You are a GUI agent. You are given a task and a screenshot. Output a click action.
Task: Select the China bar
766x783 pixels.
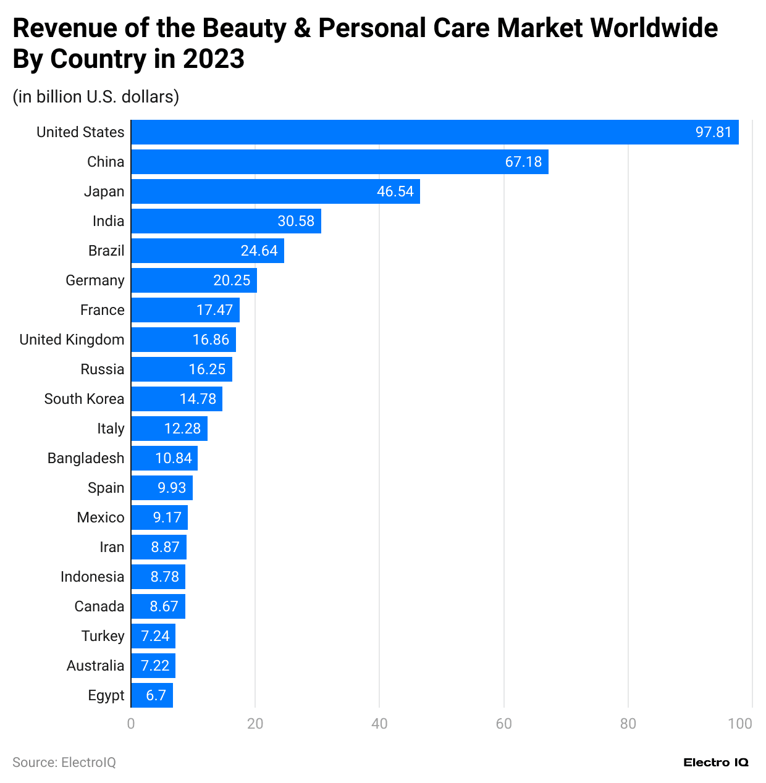click(x=339, y=162)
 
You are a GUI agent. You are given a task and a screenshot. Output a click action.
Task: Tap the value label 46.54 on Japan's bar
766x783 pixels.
click(x=395, y=191)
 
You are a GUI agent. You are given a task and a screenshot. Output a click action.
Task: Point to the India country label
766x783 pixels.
click(x=108, y=221)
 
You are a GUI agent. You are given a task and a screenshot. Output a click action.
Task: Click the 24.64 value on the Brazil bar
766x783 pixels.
click(x=259, y=251)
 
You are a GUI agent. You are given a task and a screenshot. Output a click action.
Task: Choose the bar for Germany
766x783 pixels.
click(x=193, y=280)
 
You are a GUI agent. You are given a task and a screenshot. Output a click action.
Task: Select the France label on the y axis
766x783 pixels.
click(x=102, y=310)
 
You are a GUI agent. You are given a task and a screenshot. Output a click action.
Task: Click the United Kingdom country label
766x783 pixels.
click(x=72, y=340)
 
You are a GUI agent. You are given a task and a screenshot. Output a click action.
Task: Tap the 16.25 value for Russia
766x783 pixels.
click(x=207, y=369)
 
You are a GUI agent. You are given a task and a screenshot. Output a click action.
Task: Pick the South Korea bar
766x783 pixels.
click(x=176, y=399)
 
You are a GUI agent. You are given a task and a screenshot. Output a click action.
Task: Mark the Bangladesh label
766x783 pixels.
click(x=86, y=458)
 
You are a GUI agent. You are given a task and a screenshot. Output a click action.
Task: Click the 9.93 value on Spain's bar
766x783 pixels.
click(x=172, y=488)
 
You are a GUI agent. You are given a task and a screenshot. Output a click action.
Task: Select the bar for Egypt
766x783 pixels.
click(x=151, y=695)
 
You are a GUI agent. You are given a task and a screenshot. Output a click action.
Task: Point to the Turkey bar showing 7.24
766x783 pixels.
click(x=153, y=636)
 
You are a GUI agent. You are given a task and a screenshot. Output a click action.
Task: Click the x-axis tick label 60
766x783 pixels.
click(x=503, y=724)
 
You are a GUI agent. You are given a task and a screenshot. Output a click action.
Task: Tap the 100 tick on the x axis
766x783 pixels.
click(x=739, y=724)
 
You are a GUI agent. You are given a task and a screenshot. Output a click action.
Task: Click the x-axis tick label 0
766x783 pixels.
click(x=131, y=724)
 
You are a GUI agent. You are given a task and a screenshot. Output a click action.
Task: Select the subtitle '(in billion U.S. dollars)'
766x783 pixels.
click(x=96, y=97)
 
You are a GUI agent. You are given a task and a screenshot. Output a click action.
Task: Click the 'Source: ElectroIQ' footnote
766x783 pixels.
click(x=64, y=763)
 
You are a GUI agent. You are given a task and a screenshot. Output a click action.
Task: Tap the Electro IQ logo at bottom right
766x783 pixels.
click(x=715, y=763)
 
